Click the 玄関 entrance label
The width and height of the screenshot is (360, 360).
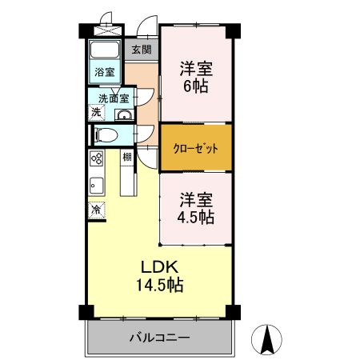141,50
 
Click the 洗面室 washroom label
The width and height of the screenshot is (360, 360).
114,99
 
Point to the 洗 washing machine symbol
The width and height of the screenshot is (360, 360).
96,113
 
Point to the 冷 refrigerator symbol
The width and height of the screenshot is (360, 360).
95,210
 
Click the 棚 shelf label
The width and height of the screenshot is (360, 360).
127,157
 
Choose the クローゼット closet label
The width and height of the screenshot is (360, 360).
196,148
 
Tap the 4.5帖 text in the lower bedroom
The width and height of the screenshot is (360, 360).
195,217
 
